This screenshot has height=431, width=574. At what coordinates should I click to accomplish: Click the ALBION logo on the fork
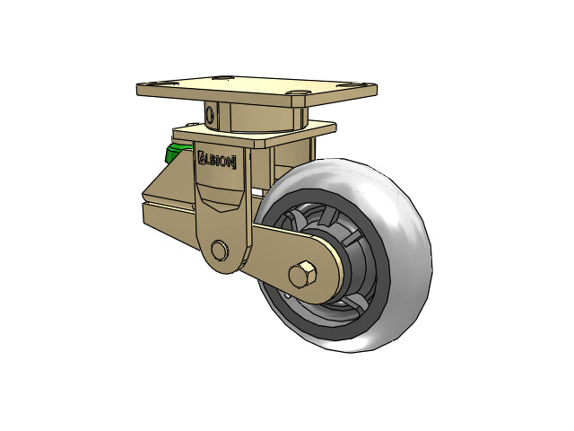tap(216, 160)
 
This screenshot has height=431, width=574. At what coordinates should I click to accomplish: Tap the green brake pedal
tap(176, 153)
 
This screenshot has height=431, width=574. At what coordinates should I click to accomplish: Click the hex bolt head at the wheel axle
tap(302, 275)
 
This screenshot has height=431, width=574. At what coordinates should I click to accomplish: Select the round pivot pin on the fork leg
tap(219, 251)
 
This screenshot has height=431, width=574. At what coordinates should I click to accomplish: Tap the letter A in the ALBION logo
tap(202, 158)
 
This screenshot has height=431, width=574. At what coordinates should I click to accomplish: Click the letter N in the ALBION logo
tap(230, 162)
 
